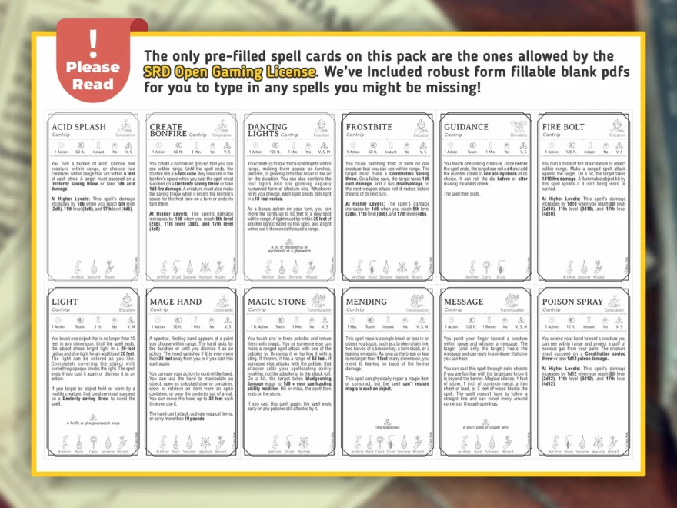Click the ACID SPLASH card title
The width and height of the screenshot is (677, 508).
pyautogui.click(x=78, y=127)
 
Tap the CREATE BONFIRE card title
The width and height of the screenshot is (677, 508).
pyautogui.click(x=167, y=130)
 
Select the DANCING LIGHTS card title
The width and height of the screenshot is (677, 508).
pyautogui.click(x=267, y=130)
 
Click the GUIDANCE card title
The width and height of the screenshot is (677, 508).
pyautogui.click(x=466, y=127)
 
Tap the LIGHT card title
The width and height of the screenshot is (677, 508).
pyautogui.click(x=65, y=302)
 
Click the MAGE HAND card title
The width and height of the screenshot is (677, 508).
pyautogui.click(x=176, y=302)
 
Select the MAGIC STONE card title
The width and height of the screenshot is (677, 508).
pyautogui.click(x=277, y=302)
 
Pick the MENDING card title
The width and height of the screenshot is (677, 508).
pyautogui.click(x=367, y=302)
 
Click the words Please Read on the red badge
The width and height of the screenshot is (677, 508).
pyautogui.click(x=93, y=75)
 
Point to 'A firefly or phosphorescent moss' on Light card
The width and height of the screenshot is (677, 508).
pyautogui.click(x=93, y=422)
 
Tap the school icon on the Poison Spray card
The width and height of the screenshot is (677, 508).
pyautogui.click(x=614, y=300)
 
